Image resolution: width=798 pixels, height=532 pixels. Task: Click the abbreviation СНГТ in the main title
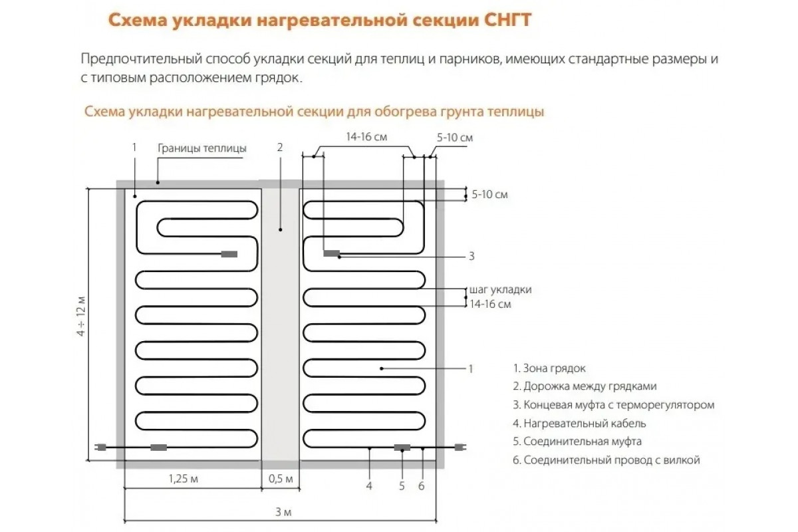[x=507, y=20]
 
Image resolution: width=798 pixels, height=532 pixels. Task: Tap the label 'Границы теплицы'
[x=202, y=148]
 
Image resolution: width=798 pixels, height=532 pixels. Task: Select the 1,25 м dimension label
[x=183, y=479]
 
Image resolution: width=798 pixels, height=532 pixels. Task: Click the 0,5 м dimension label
[x=281, y=479]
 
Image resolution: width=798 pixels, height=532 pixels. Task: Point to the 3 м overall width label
[x=283, y=512]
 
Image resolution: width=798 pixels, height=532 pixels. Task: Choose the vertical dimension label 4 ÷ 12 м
[x=81, y=316]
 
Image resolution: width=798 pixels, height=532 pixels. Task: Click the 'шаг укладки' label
[x=500, y=290]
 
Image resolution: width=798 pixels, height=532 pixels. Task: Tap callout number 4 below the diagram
[x=369, y=485]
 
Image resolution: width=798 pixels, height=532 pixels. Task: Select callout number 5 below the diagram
[x=402, y=485]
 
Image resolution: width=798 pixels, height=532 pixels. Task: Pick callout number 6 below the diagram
[x=422, y=485]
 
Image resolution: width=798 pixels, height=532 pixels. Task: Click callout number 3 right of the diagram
[x=471, y=256]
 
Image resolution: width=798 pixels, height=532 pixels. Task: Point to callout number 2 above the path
[x=280, y=147]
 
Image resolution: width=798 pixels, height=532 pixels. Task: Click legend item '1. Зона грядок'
[x=549, y=368]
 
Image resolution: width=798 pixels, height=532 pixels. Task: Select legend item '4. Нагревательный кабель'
[x=579, y=424]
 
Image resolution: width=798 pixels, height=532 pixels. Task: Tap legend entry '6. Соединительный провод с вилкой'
[x=606, y=460]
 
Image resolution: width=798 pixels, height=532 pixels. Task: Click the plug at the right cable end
[x=460, y=447]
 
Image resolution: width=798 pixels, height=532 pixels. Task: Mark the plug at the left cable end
[x=100, y=447]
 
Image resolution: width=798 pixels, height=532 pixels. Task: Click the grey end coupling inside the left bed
[x=229, y=254]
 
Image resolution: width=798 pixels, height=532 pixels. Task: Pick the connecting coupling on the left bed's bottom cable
[x=158, y=447]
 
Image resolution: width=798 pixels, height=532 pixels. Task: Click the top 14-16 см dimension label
[x=366, y=137]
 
